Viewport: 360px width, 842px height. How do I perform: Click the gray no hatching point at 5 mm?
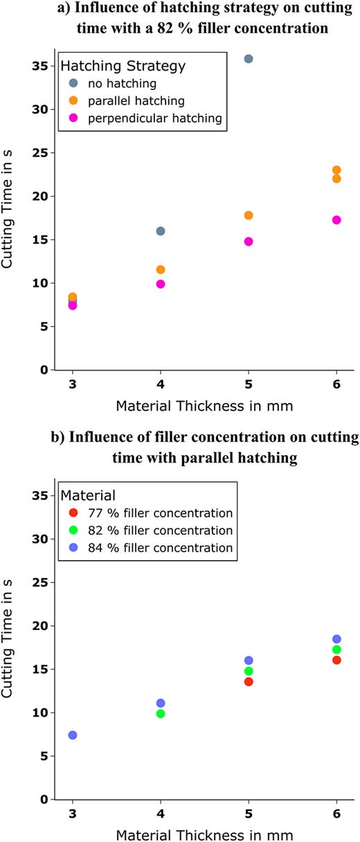(x=249, y=59)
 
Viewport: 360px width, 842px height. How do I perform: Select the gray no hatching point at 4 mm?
(x=161, y=231)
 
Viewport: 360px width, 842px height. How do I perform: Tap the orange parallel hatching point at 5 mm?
(x=249, y=215)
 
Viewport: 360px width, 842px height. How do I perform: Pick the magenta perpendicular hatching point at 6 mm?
(x=336, y=220)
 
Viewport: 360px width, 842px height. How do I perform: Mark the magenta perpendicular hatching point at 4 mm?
(x=161, y=284)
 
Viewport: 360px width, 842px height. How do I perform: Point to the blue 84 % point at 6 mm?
(x=336, y=639)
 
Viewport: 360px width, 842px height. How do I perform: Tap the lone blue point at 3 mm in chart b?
(x=73, y=735)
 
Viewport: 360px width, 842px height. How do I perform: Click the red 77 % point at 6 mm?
(x=336, y=660)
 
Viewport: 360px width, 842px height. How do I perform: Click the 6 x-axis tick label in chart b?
(x=336, y=813)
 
